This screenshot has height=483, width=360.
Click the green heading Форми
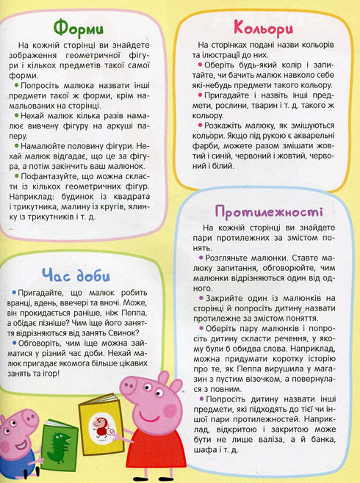(x=82, y=29)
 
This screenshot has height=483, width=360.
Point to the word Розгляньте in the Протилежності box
(x=233, y=258)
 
